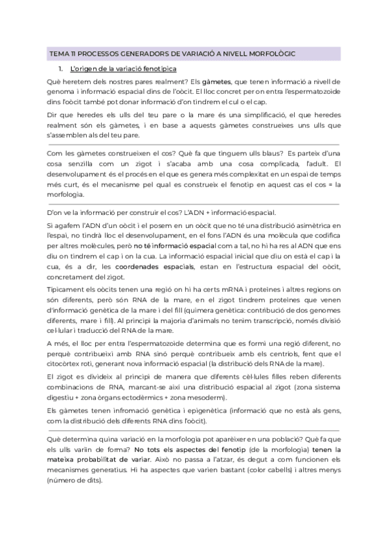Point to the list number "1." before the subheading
[x=60, y=68]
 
